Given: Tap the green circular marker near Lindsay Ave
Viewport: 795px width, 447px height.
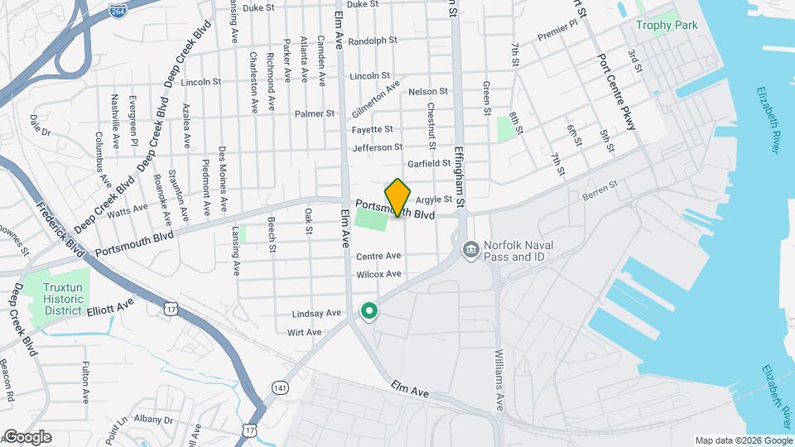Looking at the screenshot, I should pyautogui.click(x=369, y=311).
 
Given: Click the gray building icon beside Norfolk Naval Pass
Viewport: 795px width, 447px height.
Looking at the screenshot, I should pyautogui.click(x=470, y=248).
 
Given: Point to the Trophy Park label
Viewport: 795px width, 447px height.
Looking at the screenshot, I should pyautogui.click(x=667, y=25).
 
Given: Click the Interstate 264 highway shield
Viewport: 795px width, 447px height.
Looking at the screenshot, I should pyautogui.click(x=118, y=10).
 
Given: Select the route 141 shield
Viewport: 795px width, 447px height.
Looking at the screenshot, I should pyautogui.click(x=279, y=387).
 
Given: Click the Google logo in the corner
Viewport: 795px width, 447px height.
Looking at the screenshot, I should pyautogui.click(x=26, y=437).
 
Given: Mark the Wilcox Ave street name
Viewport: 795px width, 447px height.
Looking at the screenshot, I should pyautogui.click(x=378, y=274).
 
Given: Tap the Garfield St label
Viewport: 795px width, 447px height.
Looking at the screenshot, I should pyautogui.click(x=428, y=164).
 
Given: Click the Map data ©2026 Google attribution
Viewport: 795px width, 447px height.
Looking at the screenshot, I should pyautogui.click(x=743, y=440).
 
